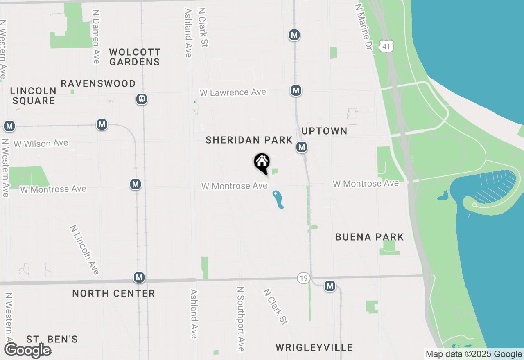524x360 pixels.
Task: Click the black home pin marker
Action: click(262, 162)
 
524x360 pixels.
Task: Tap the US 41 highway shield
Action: click(386, 46)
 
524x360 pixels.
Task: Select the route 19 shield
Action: click(303, 278)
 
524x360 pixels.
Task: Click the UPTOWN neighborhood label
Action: click(324, 131)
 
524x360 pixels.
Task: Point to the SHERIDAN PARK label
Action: click(249, 140)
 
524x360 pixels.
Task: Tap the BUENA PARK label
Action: click(369, 237)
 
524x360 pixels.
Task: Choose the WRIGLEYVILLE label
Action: click(314, 347)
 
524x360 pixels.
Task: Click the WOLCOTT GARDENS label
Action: click(135, 57)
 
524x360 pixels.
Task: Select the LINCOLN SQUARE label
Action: click(33, 96)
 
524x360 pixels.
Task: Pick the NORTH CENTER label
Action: click(113, 293)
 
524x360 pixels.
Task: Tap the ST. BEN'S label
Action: click(52, 339)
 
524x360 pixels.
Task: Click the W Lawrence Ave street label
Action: click(233, 92)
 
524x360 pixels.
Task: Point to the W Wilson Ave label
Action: click(41, 144)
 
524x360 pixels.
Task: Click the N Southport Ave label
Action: click(241, 318)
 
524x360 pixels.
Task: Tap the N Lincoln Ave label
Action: click(85, 249)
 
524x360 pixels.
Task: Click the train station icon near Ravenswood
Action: click(142, 99)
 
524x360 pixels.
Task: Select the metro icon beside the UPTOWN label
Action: click(302, 146)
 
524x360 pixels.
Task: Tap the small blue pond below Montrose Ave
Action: click(278, 199)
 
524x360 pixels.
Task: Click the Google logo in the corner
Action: click(28, 351)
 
